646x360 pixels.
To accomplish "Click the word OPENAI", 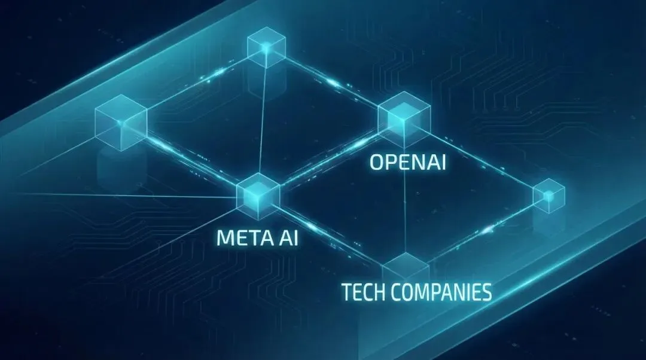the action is click(x=407, y=163).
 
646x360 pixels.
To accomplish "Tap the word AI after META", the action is click(x=286, y=237).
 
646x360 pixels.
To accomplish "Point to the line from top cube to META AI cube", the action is click(x=261, y=120).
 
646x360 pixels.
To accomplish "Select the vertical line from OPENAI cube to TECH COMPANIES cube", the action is click(x=406, y=203).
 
